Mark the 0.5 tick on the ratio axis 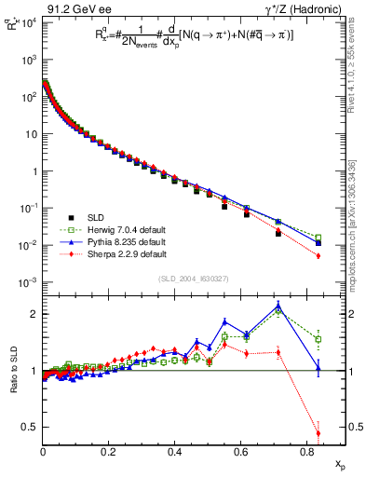click(x=32, y=427)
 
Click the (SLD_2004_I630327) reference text click(x=193, y=279)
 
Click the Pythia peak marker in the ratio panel click(x=278, y=305)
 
